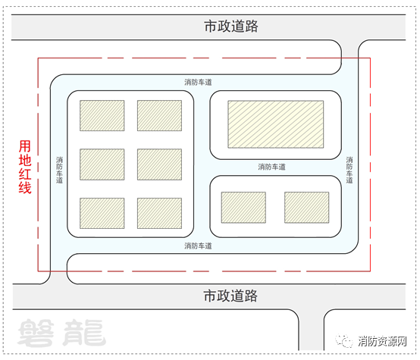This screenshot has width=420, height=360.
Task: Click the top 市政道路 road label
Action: click(x=231, y=27)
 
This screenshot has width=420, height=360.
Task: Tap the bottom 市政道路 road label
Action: click(x=230, y=296)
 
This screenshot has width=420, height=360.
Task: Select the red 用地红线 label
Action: click(x=25, y=167)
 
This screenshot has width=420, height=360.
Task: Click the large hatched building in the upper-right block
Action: click(x=276, y=124)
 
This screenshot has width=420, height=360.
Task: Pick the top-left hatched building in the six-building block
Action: click(x=102, y=115)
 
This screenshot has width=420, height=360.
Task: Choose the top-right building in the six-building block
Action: click(x=160, y=115)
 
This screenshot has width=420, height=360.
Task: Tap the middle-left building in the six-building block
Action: click(x=102, y=164)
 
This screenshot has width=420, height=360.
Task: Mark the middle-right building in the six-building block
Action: click(x=160, y=164)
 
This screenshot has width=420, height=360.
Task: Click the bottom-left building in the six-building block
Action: click(x=102, y=213)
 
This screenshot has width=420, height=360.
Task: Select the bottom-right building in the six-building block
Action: click(x=160, y=213)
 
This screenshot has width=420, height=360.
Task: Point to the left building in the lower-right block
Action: click(x=243, y=208)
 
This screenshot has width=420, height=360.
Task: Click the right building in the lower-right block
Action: click(x=307, y=208)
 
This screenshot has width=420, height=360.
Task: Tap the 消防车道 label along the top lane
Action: click(x=198, y=83)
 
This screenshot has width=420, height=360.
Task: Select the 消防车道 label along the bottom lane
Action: click(x=198, y=246)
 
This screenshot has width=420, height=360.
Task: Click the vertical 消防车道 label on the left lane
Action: click(x=59, y=170)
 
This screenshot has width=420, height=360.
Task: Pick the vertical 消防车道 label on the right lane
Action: click(x=349, y=170)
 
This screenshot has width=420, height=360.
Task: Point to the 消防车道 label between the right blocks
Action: click(x=272, y=167)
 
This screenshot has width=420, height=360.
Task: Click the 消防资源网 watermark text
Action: click(x=382, y=341)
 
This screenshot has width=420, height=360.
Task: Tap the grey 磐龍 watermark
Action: click(x=62, y=333)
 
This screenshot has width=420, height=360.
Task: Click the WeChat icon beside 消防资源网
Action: click(x=344, y=341)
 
